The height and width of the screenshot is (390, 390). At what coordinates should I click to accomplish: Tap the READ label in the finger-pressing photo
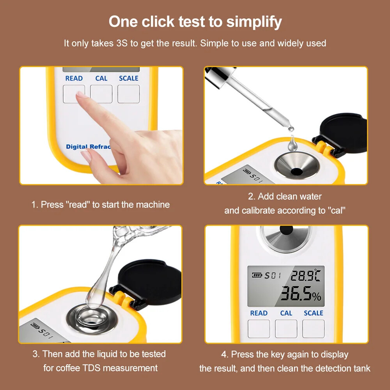click(x=74, y=78)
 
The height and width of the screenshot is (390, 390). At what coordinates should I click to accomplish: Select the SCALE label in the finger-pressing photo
click(x=129, y=78)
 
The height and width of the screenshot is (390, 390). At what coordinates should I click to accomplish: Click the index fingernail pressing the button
click(x=81, y=94)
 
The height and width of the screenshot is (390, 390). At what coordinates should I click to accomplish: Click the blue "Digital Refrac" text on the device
click(x=88, y=147)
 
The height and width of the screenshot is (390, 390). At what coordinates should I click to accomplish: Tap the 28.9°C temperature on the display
click(x=305, y=276)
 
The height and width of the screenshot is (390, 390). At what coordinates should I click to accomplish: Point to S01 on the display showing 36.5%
click(x=273, y=276)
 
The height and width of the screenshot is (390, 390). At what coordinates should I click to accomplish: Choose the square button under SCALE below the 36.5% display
click(x=313, y=328)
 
